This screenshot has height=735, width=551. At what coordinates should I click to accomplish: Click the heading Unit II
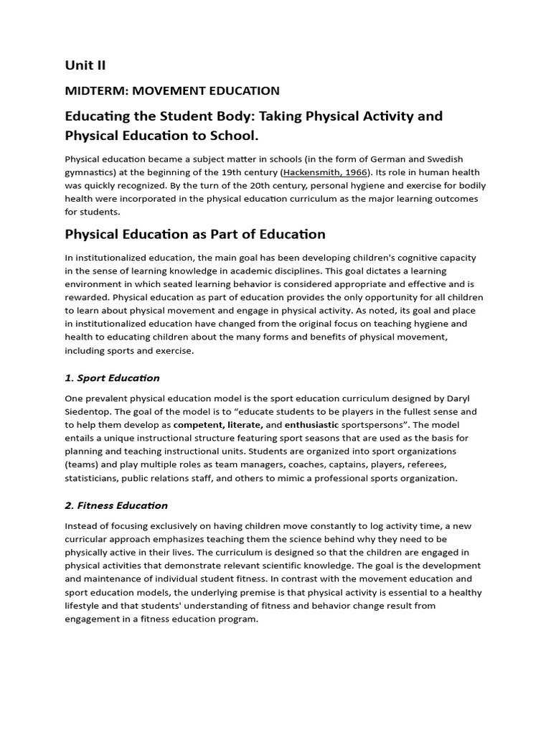tap(85, 65)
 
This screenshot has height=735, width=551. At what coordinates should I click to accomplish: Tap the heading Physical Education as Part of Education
tap(195, 234)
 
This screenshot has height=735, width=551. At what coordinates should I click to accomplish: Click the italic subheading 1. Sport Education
tap(112, 378)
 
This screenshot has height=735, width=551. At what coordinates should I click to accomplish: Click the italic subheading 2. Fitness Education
tap(116, 505)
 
